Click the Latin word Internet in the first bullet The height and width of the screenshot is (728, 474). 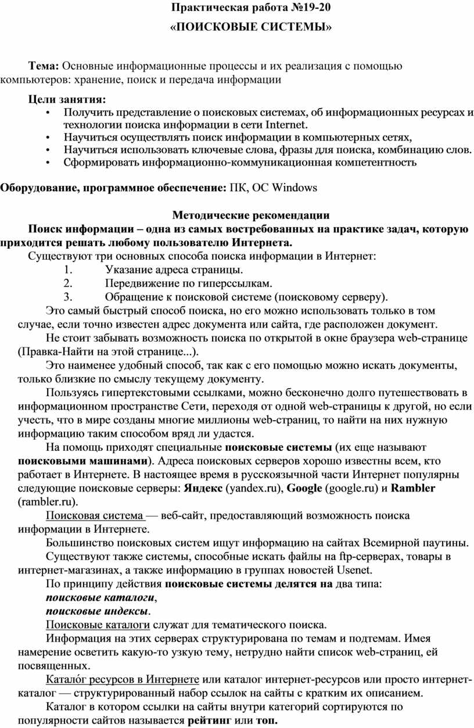point(286,124)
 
